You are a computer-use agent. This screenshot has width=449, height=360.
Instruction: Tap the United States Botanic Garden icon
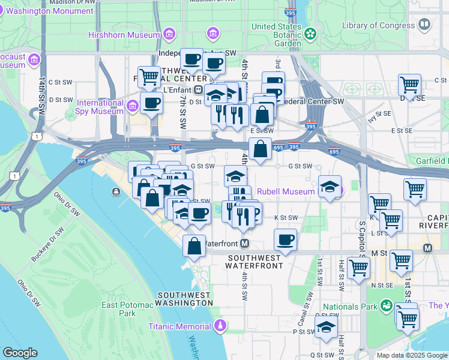point(310,34)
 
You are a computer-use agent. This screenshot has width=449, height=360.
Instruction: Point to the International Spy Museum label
point(99,106)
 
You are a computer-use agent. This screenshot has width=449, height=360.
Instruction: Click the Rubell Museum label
point(286,192)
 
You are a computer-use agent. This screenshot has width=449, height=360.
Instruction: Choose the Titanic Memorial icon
point(220,326)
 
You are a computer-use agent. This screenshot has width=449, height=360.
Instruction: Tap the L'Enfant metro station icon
point(198,89)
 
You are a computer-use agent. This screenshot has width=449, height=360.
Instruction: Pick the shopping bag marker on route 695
point(260,149)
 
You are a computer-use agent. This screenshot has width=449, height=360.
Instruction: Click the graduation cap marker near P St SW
point(326,328)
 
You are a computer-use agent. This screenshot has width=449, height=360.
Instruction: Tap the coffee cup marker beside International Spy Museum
point(151,103)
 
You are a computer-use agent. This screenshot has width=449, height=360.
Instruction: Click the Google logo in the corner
point(20,353)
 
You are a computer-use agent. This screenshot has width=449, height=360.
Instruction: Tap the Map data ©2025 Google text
point(412,355)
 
